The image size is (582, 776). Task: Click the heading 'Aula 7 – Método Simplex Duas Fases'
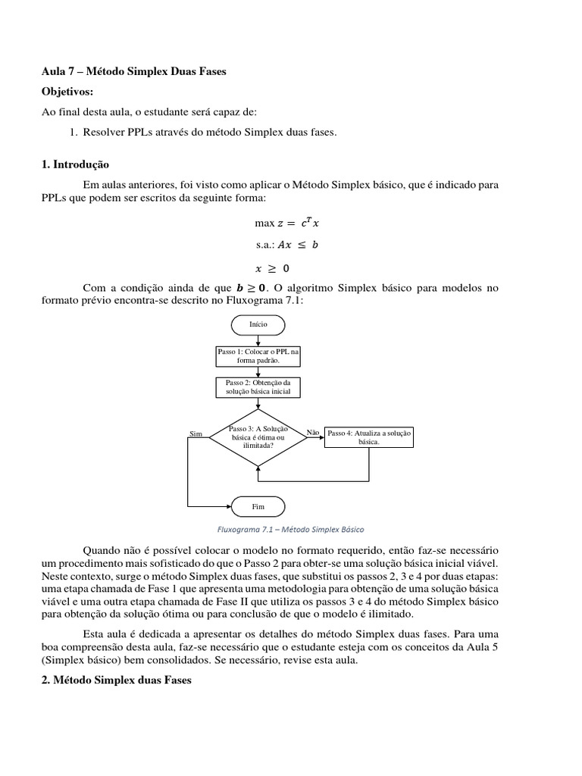point(133,71)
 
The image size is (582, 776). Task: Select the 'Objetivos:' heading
point(67,92)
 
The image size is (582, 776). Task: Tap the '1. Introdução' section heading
point(76,164)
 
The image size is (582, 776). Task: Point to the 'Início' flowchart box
point(258,324)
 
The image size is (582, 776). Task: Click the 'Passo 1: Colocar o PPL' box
point(258,356)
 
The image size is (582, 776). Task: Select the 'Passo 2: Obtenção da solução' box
point(258,387)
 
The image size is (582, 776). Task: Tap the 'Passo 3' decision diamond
point(258,437)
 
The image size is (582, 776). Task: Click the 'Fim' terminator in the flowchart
point(258,505)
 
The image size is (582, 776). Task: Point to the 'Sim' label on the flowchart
point(196,433)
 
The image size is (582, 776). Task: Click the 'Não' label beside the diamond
point(312,432)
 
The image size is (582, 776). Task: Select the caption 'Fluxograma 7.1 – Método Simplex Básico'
point(290,529)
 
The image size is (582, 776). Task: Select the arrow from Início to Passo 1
point(258,339)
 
